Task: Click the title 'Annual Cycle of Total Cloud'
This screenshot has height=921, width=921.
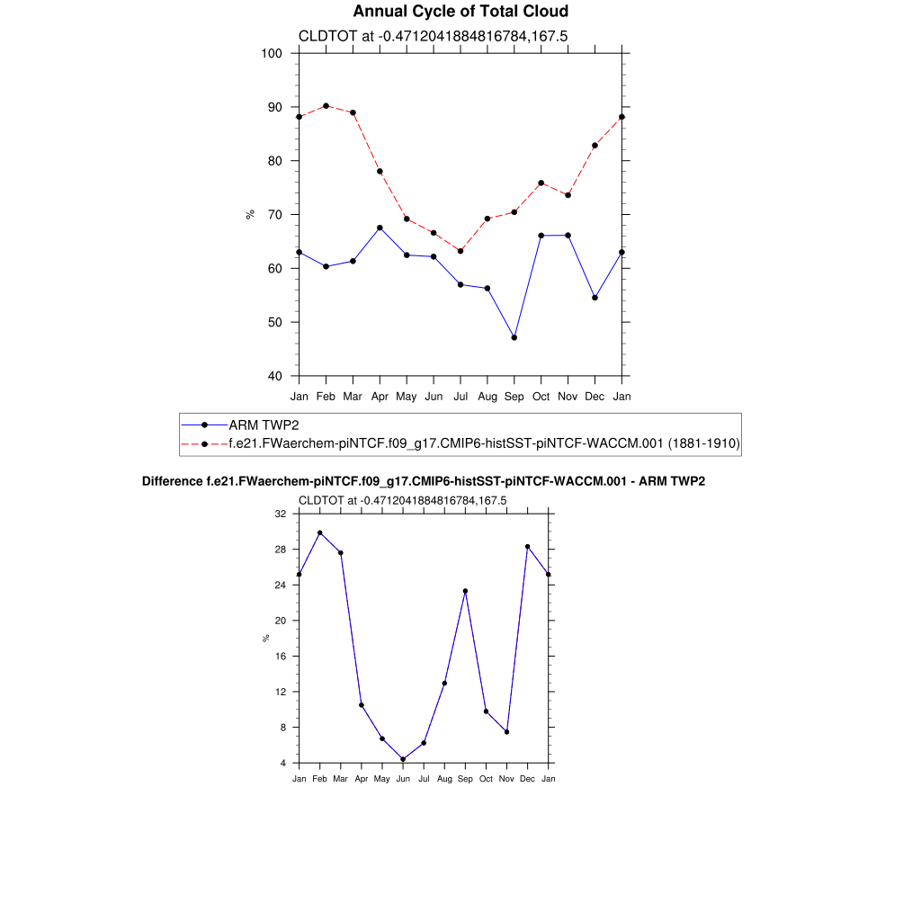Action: coord(460,12)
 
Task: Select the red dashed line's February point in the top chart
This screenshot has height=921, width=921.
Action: coord(326,106)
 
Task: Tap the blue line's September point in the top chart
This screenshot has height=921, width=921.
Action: coord(514,337)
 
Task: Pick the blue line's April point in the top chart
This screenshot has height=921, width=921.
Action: coord(380,228)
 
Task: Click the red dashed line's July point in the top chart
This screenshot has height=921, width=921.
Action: coord(460,251)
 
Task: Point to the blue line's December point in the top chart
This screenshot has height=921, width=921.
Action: coord(595,298)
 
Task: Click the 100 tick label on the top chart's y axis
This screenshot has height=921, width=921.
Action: coord(273,53)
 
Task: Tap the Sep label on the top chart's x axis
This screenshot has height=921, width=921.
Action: coord(514,396)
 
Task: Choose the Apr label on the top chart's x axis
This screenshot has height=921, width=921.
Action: coord(380,396)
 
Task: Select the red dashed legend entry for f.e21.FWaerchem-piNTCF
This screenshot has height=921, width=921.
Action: coord(484,443)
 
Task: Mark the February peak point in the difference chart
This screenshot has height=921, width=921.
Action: coord(319,532)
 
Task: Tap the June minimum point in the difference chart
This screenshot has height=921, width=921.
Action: coord(403,759)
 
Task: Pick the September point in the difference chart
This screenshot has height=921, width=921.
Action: coord(465,591)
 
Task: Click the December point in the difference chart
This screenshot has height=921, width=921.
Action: coord(528,547)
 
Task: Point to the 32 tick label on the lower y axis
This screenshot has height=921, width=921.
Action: coord(281,514)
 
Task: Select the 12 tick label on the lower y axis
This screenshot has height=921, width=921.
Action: coord(281,692)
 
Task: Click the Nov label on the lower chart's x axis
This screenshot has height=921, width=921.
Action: coord(506,779)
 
